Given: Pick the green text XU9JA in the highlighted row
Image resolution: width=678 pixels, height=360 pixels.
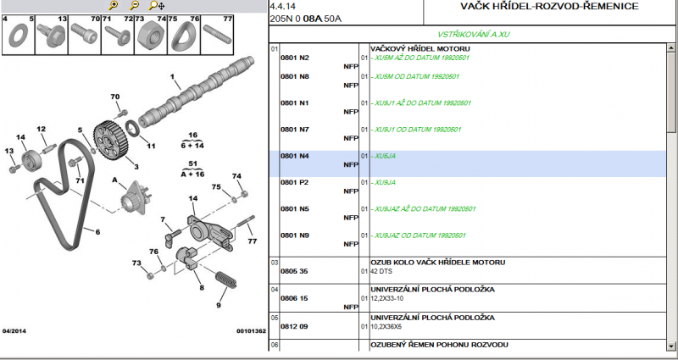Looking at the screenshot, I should (385, 157).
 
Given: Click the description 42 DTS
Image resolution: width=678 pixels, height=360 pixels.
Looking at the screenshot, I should (386, 271).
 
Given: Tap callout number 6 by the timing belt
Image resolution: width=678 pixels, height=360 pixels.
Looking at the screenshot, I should (97, 231).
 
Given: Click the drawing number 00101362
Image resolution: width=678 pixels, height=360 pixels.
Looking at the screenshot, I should (251, 330).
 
